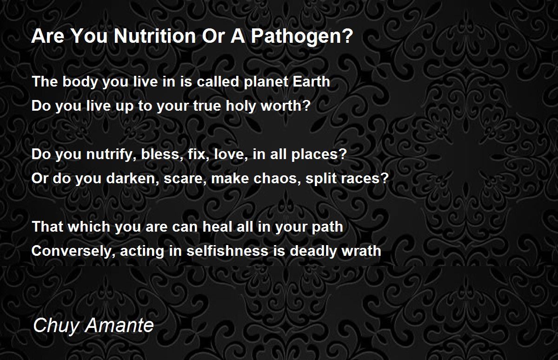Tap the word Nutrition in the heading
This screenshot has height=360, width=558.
[x=155, y=36]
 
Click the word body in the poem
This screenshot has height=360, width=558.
[x=80, y=82]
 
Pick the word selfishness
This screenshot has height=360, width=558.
[x=227, y=250]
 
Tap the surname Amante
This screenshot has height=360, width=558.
[x=120, y=325]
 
